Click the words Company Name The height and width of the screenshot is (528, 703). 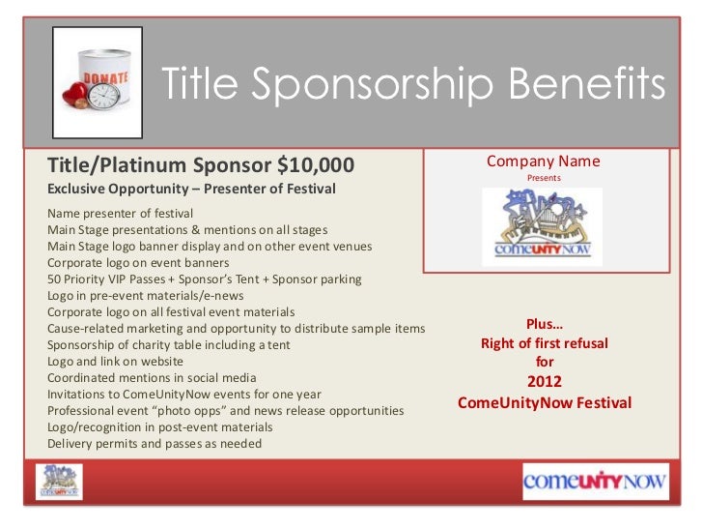point(543,161)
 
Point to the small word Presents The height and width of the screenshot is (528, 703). point(543,179)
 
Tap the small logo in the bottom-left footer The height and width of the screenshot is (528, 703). point(60,481)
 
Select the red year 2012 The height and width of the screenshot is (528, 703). point(544,381)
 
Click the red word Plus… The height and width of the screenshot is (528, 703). point(544,325)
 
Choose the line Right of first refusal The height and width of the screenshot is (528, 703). point(544,344)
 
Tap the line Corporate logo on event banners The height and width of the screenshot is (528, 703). point(137,262)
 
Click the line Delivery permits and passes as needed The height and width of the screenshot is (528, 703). point(154,444)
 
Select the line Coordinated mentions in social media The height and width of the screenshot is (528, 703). point(152,377)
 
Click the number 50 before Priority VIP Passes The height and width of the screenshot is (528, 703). point(54,279)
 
